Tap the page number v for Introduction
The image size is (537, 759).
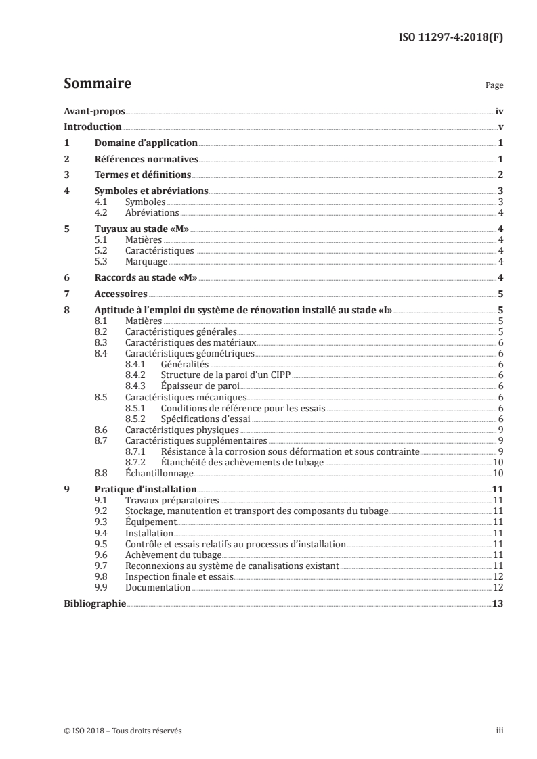(x=500, y=127)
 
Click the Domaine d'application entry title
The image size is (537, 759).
(x=146, y=143)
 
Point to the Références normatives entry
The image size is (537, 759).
(x=146, y=160)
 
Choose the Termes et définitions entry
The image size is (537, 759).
(x=143, y=176)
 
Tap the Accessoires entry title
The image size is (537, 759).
(x=121, y=294)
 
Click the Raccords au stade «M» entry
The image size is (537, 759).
(x=146, y=278)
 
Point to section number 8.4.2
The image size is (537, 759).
(x=136, y=375)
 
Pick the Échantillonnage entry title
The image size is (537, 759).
(x=159, y=474)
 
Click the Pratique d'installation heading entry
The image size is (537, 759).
(x=146, y=489)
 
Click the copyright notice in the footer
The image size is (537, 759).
(x=123, y=731)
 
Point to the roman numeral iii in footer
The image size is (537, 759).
(x=500, y=731)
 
